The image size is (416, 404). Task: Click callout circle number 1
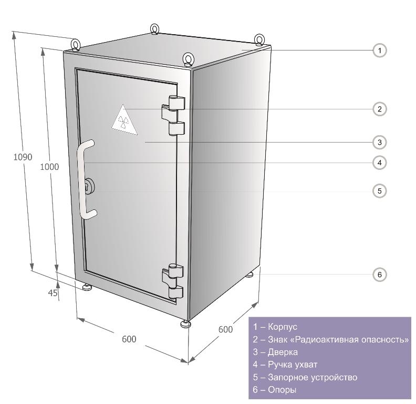(379, 50)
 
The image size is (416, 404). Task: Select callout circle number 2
(379, 109)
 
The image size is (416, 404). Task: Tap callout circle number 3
(379, 142)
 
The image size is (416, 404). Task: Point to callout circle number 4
(379, 163)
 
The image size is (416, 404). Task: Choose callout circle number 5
(379, 191)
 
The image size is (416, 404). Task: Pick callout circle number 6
(379, 274)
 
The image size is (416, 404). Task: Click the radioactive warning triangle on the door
(124, 121)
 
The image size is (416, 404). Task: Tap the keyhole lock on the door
(88, 187)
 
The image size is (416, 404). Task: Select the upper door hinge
(173, 115)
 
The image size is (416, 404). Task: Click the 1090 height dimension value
(23, 157)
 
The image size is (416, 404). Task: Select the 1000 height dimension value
(49, 167)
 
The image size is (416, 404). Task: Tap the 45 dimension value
(53, 293)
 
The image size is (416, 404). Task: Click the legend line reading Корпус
(275, 327)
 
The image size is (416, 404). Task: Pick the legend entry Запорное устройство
(305, 377)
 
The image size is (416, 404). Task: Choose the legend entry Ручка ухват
(285, 365)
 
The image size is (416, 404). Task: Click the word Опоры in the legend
(282, 390)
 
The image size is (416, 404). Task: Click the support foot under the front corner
(186, 324)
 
